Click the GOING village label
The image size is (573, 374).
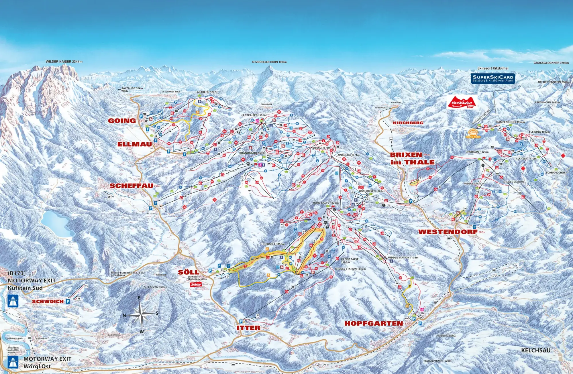point(122,121)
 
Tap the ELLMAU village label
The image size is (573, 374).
point(134,144)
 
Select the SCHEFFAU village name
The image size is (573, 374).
point(132,186)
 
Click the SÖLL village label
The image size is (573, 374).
point(188,272)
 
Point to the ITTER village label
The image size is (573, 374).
point(248,328)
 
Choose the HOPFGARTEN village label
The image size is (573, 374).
point(373,324)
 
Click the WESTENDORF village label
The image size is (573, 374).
point(448,232)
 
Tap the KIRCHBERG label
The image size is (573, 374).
point(408,123)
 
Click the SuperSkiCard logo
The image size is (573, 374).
point(493,78)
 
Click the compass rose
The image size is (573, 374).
point(140,314)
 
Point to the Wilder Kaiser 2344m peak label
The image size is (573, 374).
point(64,62)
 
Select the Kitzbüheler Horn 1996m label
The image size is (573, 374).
point(269,62)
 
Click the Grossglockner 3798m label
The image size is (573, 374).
point(551,63)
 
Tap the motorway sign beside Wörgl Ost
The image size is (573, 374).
point(13,362)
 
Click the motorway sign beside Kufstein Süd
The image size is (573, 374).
point(13,301)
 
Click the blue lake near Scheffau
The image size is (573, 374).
point(55,224)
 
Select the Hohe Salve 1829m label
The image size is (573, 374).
point(325,203)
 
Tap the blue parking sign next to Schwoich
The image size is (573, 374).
point(68,302)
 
